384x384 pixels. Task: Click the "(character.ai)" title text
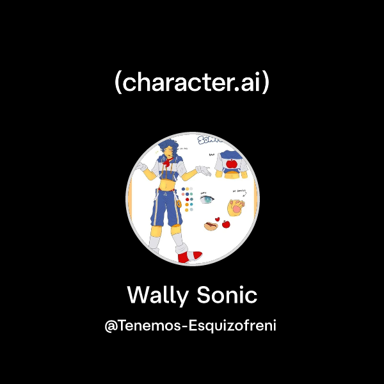coord(192,83)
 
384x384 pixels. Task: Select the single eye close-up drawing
coord(206,200)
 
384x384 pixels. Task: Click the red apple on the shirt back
coord(232,163)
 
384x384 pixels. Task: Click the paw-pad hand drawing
coord(237,206)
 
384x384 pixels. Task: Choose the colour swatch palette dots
coord(188,200)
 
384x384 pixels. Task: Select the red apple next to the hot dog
coord(225,223)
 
